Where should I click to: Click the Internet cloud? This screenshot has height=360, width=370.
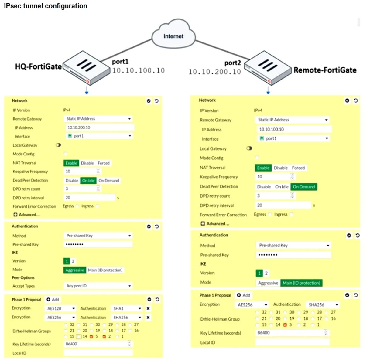(173, 34)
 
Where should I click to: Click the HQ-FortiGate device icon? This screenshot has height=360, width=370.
(87, 67)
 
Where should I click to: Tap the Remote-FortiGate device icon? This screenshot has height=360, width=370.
(268, 68)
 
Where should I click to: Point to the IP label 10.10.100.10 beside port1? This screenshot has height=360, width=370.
(139, 70)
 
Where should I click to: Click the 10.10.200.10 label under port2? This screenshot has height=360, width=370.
(215, 72)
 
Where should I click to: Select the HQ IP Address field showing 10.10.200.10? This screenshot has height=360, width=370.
(100, 127)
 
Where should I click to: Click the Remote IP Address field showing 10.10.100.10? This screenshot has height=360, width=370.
(294, 129)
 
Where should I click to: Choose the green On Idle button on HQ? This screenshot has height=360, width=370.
(88, 181)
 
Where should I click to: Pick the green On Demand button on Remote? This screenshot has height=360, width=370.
(304, 187)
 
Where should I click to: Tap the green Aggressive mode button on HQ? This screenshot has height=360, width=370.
(74, 270)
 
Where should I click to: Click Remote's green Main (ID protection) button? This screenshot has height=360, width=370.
(301, 283)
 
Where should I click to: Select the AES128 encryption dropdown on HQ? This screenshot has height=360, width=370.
(60, 308)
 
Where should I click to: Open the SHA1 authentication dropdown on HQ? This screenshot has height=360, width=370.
(126, 308)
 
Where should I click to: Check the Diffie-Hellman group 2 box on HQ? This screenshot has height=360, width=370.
(104, 336)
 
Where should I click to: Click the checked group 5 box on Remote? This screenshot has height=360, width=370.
(285, 325)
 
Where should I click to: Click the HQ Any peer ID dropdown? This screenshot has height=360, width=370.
(98, 286)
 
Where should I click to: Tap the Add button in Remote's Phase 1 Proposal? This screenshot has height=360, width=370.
(243, 295)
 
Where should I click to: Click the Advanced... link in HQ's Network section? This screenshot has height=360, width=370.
(27, 215)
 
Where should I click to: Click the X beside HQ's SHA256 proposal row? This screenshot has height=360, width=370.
(148, 318)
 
